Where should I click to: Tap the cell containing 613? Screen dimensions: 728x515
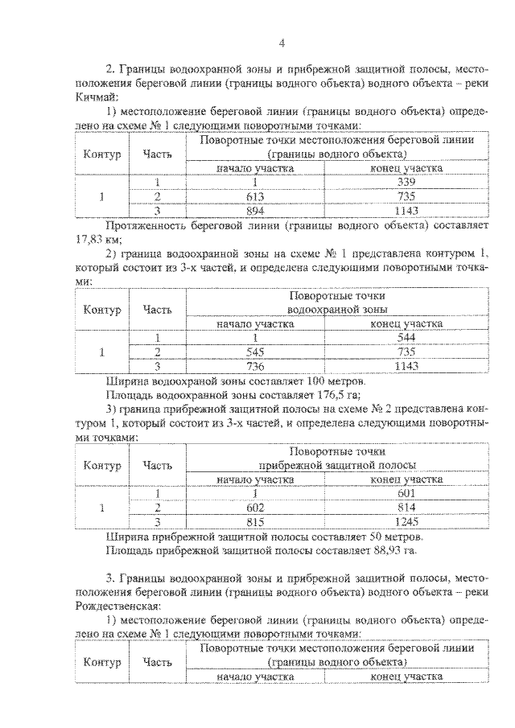253,197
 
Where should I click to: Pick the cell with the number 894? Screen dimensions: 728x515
253,210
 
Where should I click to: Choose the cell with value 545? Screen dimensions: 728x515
253,352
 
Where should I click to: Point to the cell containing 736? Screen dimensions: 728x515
253,365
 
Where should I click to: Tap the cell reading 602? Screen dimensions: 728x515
253,507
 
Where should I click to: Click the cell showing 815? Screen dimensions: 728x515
253,520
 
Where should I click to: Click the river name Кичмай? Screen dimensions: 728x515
94,98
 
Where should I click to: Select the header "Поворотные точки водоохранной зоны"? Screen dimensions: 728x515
337,302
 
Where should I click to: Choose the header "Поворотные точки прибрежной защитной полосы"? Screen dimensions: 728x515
337,458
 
